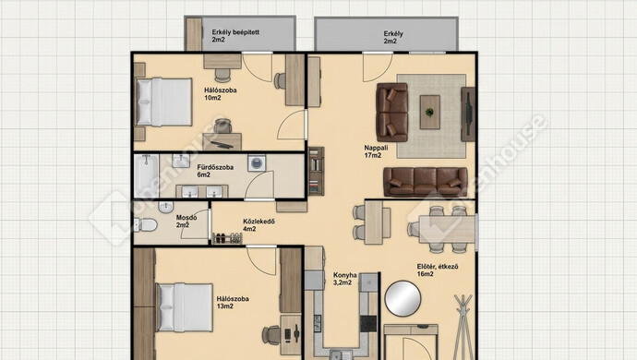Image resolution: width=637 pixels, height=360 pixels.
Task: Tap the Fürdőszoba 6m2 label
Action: [x=215, y=171]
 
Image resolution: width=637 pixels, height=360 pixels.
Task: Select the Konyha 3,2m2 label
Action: [x=345, y=279]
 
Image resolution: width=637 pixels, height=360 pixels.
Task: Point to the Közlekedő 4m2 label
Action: [x=258, y=225]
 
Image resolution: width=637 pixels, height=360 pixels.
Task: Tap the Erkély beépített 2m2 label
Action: [x=235, y=36]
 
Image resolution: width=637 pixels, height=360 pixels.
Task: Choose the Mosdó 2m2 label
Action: [x=186, y=221]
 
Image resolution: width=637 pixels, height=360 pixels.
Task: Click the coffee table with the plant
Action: [x=430, y=112]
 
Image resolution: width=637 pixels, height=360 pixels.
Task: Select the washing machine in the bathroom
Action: [x=257, y=163]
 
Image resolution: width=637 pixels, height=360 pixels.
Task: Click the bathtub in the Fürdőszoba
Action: [x=146, y=175]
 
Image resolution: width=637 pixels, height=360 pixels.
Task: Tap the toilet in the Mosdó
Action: [x=145, y=225]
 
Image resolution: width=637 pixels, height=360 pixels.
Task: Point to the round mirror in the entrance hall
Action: [x=403, y=299]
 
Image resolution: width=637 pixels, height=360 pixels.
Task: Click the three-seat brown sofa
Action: [x=426, y=182]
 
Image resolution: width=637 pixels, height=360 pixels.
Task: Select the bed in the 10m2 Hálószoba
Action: [x=163, y=102]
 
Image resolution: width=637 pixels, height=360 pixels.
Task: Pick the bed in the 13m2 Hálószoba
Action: [x=185, y=307]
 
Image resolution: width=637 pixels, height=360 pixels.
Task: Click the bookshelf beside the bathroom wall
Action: [x=316, y=171]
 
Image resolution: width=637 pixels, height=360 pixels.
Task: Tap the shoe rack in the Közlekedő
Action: [x=227, y=238]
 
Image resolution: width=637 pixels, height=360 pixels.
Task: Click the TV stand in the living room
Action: [x=468, y=114]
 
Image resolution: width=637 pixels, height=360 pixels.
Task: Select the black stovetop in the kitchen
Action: [x=368, y=323]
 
